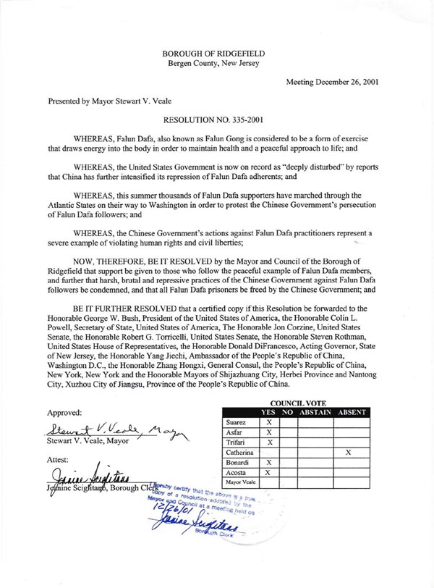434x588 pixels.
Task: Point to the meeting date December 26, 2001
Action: (x=332, y=82)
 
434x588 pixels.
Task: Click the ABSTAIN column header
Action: (x=313, y=412)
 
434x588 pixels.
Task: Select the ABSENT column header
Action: (x=349, y=412)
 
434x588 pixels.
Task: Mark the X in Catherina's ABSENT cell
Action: (x=349, y=451)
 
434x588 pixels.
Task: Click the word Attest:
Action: (x=60, y=458)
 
